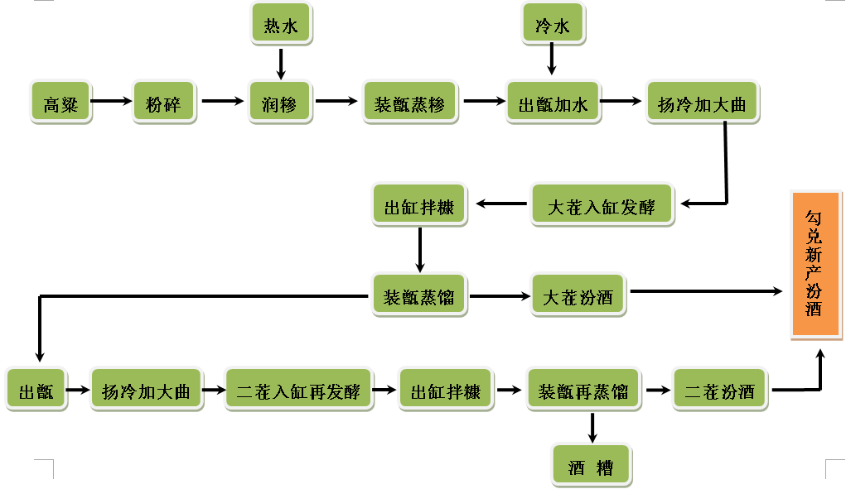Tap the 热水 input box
[x=280, y=25]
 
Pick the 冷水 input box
[x=553, y=25]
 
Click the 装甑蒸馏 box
[x=419, y=295]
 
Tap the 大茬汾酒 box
[x=578, y=295]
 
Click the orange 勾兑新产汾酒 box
[x=817, y=264]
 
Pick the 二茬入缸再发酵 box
[x=298, y=390]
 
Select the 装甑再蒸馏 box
[x=584, y=390]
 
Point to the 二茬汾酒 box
[x=720, y=390]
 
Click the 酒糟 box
[x=592, y=466]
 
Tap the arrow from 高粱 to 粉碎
[x=111, y=102]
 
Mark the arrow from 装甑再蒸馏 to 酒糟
[x=592, y=426]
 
